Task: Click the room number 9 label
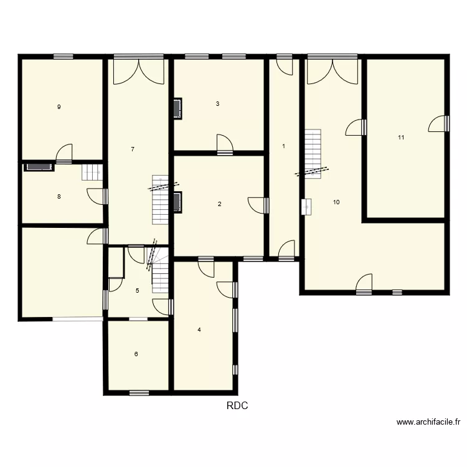click(x=59, y=107)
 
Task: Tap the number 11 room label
click(x=401, y=138)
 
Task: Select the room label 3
click(x=217, y=104)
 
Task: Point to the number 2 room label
click(x=219, y=204)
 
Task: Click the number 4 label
click(x=199, y=330)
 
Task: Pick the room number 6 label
click(x=136, y=354)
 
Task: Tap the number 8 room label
click(x=59, y=197)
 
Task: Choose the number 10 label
click(x=336, y=202)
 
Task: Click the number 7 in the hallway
click(x=133, y=149)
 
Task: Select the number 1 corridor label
click(x=283, y=146)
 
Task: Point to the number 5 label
click(x=137, y=290)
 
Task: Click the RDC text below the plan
click(x=237, y=406)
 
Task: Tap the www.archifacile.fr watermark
click(x=428, y=422)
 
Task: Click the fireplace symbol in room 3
click(x=177, y=108)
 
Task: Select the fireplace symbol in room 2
click(x=177, y=202)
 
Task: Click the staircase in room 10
click(x=312, y=153)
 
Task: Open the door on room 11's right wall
click(x=439, y=124)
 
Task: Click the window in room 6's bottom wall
click(x=139, y=392)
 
